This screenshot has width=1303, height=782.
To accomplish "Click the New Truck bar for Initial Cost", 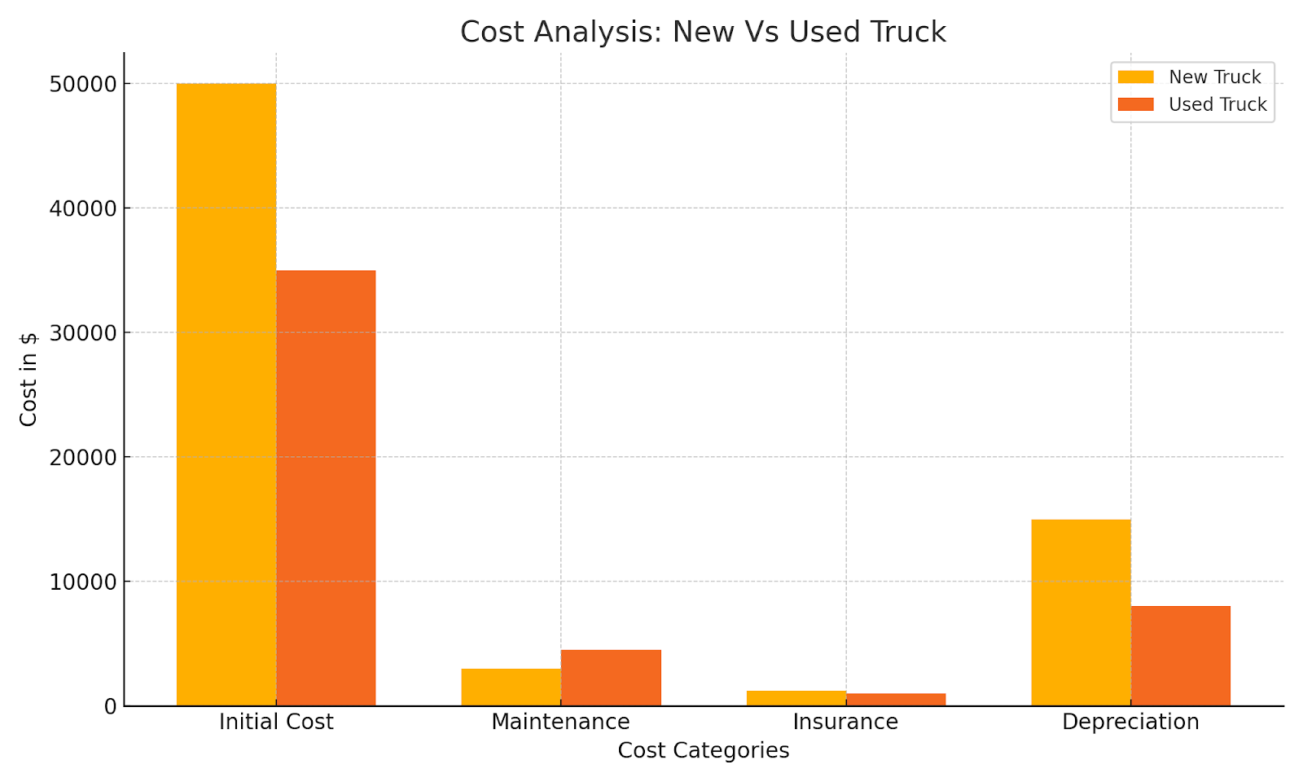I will point(226,394).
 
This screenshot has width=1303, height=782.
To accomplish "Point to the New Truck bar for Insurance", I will point(796,698).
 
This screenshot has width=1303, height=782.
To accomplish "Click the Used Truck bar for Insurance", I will point(896,699).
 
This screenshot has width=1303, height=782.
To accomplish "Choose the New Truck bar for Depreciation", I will point(1081,612).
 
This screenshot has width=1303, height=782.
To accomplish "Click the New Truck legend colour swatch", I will point(1135,77).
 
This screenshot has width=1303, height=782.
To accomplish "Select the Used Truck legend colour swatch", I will point(1135,104).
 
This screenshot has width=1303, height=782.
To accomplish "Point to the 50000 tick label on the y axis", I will point(83,85).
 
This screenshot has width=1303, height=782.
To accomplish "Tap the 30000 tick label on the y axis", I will point(83,333).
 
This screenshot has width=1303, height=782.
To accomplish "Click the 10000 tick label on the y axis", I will point(83,582).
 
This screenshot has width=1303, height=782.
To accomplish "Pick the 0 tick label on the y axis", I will point(110,707).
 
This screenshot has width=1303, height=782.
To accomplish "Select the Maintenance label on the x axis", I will point(560,723).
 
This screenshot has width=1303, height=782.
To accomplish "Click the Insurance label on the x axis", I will point(845,723).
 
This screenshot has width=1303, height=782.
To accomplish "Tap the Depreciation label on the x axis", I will point(1130,723).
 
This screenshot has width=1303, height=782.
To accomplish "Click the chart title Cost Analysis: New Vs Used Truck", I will point(703,33).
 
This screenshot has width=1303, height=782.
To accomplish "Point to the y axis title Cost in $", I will point(29,379).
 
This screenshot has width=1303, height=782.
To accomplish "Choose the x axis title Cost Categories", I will point(703,751).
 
